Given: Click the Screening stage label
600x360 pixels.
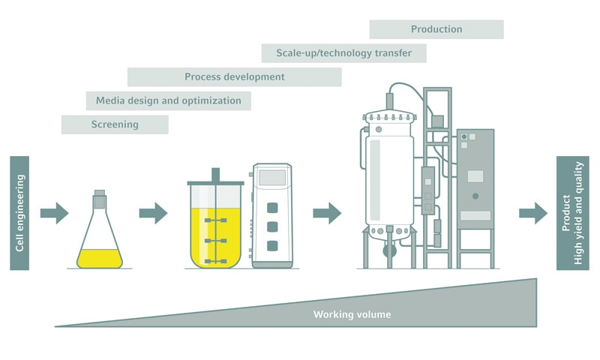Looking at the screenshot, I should pos(115,124).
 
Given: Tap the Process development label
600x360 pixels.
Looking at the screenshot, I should pos(234,76).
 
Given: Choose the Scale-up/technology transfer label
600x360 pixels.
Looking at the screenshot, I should pos(343,53).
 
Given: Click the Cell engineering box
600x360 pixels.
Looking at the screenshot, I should pos(19,212).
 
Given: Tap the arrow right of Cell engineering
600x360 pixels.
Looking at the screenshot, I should pos(54,213).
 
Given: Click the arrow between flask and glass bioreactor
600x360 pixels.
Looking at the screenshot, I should pos(153,213).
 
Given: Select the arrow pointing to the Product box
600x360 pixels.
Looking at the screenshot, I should pos(532,213).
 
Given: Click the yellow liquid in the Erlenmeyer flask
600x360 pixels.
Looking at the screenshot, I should pos(100,258).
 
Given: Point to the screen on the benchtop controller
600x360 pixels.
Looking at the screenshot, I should pos(271,178).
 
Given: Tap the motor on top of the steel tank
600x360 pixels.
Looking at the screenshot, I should pos(390,103).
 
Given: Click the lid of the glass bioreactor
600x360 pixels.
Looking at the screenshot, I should pos(215,182).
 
